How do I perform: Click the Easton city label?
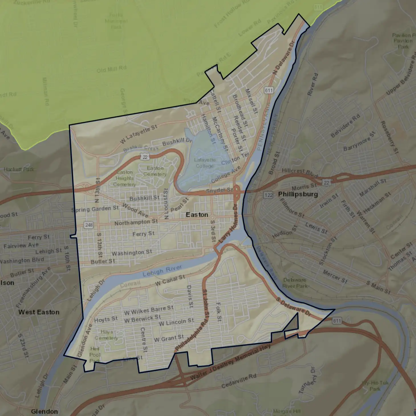click(x=197, y=215)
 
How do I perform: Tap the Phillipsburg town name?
click(x=298, y=194)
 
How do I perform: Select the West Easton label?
click(x=39, y=312)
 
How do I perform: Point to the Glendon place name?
click(x=44, y=411)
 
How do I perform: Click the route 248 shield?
click(x=89, y=225)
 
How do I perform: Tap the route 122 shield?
click(x=268, y=195)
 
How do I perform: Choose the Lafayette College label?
click(x=205, y=163)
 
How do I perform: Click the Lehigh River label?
click(x=162, y=271)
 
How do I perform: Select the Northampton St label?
click(x=136, y=222)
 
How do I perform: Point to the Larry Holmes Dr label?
click(x=228, y=224)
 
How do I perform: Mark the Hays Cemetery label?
click(x=106, y=335)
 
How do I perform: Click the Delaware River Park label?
click(x=295, y=283)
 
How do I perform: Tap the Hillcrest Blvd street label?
click(x=300, y=172)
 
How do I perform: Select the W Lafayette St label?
click(x=139, y=134)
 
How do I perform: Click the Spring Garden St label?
click(x=95, y=209)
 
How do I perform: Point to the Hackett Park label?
click(x=19, y=169)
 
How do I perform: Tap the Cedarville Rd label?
click(x=239, y=381)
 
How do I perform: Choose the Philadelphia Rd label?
click(x=192, y=335)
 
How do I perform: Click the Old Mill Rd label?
click(x=111, y=69)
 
